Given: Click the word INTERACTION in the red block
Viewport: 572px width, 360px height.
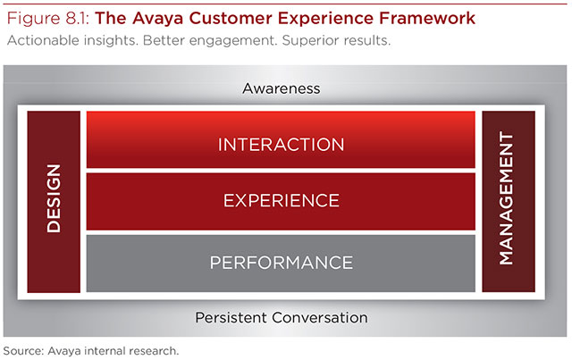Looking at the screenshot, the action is point(281,145).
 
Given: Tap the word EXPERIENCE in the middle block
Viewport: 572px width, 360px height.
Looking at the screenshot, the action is point(282,201).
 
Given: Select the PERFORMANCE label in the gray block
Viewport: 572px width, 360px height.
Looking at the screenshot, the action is point(282,263).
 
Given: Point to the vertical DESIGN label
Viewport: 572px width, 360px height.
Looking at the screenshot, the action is point(54,198).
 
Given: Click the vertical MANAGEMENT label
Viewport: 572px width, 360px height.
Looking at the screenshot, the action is point(507,198).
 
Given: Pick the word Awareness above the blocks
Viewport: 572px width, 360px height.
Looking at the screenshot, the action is point(282,88).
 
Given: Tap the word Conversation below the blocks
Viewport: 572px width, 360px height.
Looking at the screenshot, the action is point(320,318).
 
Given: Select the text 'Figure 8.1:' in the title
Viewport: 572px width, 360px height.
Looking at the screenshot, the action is point(48,18).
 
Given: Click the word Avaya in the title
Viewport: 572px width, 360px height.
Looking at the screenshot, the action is point(157,19).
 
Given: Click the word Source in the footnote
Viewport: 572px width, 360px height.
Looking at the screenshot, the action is point(23,351).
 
